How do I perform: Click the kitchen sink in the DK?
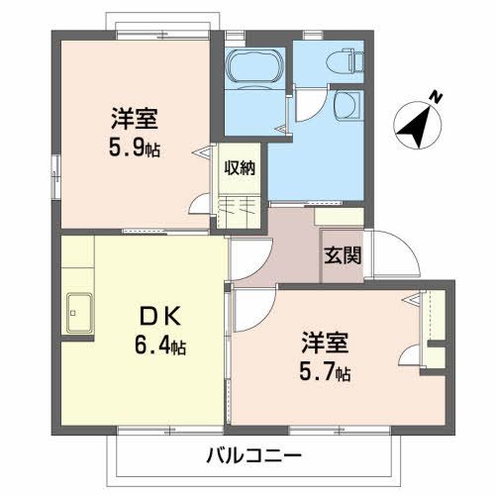pos(79,316)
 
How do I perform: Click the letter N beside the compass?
pos(435,95)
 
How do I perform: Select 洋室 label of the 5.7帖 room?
pos(325,346)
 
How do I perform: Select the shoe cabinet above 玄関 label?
pos(340,216)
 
